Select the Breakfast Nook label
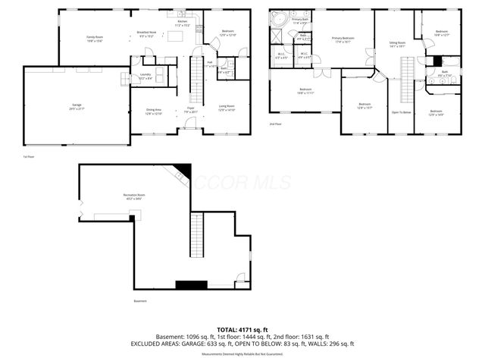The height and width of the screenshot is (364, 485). coord(146,33)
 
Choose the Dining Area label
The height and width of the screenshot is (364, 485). coord(154,110)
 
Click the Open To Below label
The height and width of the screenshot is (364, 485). coord(400,111)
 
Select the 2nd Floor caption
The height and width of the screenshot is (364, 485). coord(275,124)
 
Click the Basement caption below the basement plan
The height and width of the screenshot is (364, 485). coord(140,301)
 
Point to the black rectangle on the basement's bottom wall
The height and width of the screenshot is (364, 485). coord(191,284)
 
